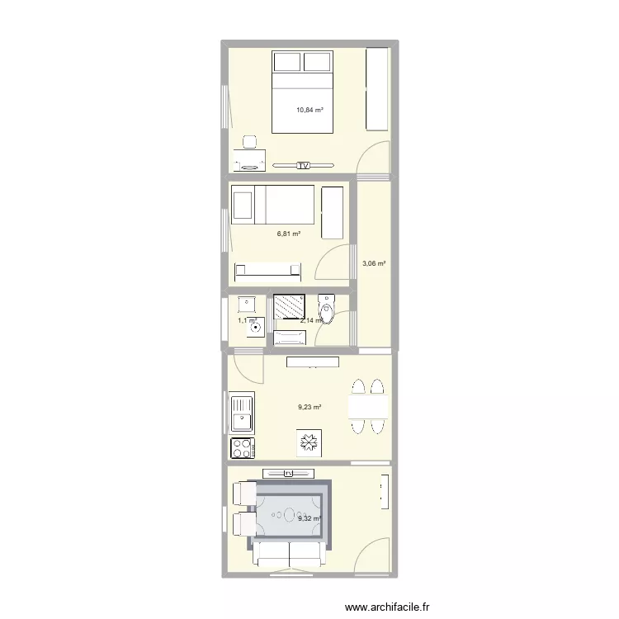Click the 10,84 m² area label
309,110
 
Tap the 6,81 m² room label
288,234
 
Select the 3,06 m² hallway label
374,264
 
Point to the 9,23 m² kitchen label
309,407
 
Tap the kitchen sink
242,413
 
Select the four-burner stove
243,448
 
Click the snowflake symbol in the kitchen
309,443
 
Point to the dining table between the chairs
368,407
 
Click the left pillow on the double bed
287,62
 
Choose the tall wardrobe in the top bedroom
377,88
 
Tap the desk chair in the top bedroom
250,143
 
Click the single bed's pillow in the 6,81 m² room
243,204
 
